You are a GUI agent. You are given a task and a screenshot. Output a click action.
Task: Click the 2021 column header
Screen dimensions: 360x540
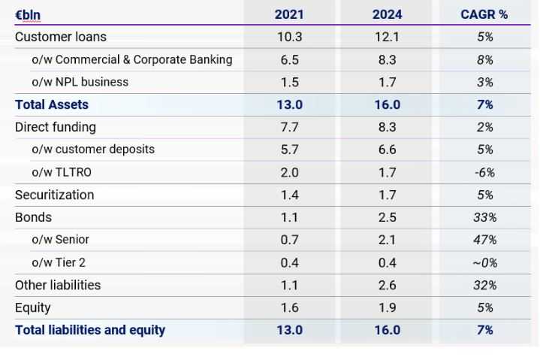click(x=289, y=14)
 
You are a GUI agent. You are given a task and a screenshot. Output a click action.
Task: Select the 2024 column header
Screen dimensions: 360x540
click(x=387, y=14)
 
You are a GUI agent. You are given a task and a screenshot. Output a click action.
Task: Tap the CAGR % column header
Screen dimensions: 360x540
click(x=484, y=14)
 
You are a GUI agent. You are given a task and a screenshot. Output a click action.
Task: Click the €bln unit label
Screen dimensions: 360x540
click(x=28, y=14)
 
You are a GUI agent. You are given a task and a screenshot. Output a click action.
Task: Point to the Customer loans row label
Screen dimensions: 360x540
click(x=61, y=37)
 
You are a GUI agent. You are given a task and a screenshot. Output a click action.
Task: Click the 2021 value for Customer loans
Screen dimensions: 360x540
click(x=289, y=37)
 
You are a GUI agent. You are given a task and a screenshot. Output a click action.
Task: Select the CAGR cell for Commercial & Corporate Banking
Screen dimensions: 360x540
click(x=484, y=59)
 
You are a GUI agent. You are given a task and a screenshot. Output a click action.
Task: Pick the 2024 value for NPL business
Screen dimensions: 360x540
click(x=387, y=82)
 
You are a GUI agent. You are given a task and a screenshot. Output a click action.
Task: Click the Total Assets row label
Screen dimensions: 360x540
click(x=52, y=104)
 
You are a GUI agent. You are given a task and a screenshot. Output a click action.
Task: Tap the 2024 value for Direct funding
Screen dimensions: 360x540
click(x=387, y=127)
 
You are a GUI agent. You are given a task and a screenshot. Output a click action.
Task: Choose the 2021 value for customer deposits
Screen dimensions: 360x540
click(x=289, y=150)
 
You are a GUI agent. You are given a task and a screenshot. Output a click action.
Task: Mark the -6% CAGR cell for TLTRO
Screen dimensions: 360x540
click(x=484, y=172)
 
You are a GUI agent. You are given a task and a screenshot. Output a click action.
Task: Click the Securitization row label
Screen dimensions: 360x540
click(x=55, y=195)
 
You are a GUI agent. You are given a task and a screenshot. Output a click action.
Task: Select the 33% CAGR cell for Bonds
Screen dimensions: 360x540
click(x=484, y=217)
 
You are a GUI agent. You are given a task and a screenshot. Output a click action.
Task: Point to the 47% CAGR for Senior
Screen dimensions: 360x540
click(x=484, y=240)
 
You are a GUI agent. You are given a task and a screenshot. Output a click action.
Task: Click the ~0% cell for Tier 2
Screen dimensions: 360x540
click(x=484, y=262)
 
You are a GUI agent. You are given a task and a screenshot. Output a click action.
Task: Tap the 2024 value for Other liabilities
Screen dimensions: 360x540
click(x=387, y=285)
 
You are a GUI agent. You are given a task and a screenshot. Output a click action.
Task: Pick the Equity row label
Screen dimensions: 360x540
click(x=33, y=307)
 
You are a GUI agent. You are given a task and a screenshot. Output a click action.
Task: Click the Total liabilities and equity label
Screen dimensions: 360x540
click(x=90, y=330)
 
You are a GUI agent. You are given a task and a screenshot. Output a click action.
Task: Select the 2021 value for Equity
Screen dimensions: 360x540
click(x=289, y=307)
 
